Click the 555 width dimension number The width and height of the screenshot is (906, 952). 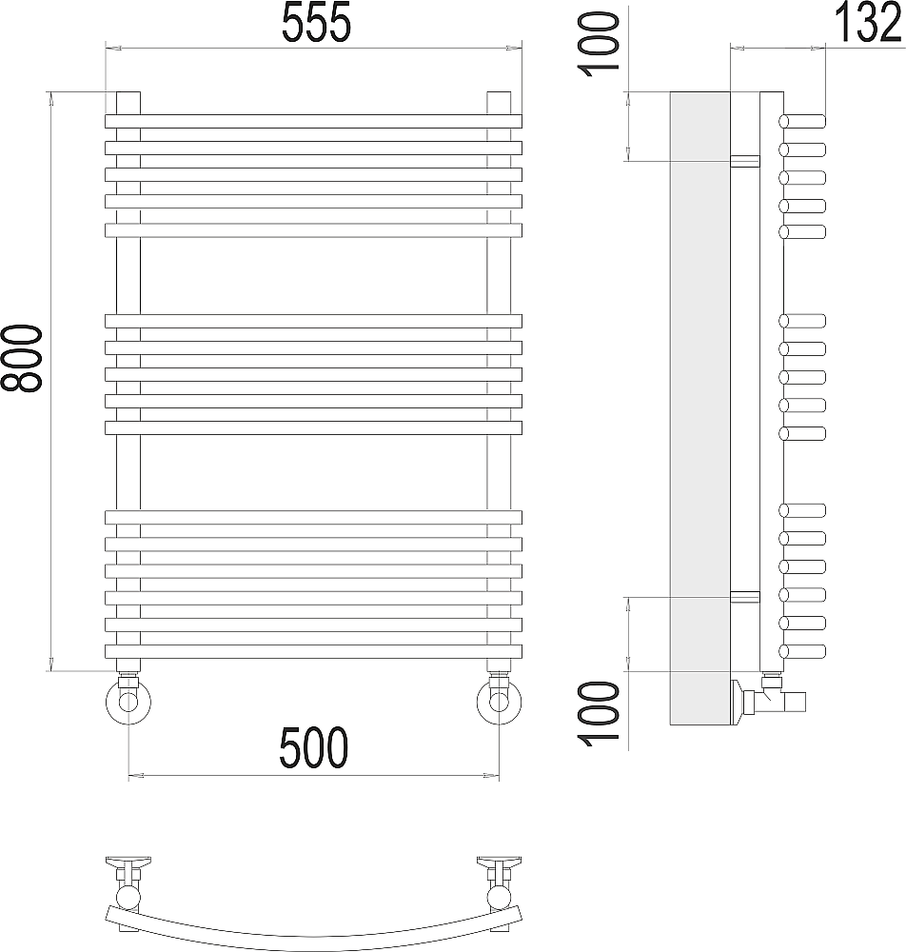click(317, 23)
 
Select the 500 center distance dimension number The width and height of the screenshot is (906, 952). click(314, 747)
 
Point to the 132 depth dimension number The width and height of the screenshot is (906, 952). click(868, 23)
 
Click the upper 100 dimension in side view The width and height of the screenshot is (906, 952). click(601, 45)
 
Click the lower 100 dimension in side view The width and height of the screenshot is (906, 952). click(601, 714)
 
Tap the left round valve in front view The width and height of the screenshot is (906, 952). click(128, 702)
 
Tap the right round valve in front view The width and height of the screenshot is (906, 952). click(499, 702)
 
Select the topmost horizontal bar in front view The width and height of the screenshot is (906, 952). click(314, 121)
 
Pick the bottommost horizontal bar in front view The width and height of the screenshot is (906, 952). click(314, 651)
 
